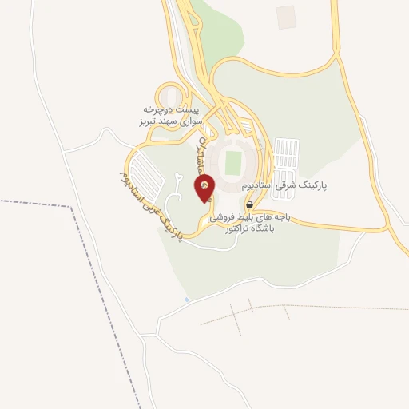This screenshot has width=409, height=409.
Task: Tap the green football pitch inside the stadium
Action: [234, 162]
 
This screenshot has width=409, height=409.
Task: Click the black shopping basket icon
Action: [250, 205]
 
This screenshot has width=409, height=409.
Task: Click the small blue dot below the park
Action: [187, 300]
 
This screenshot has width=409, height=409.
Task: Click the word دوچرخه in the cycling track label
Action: [159, 107]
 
